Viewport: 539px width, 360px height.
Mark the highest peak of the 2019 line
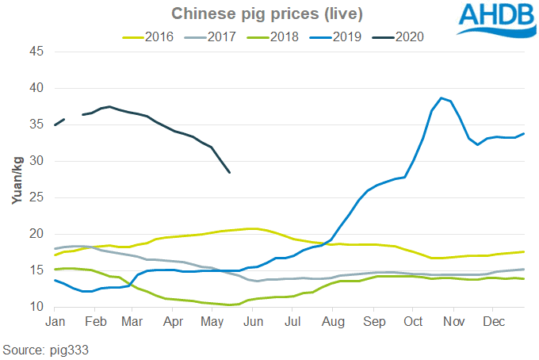click(442, 98)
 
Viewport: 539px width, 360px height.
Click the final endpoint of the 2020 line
click(229, 172)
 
